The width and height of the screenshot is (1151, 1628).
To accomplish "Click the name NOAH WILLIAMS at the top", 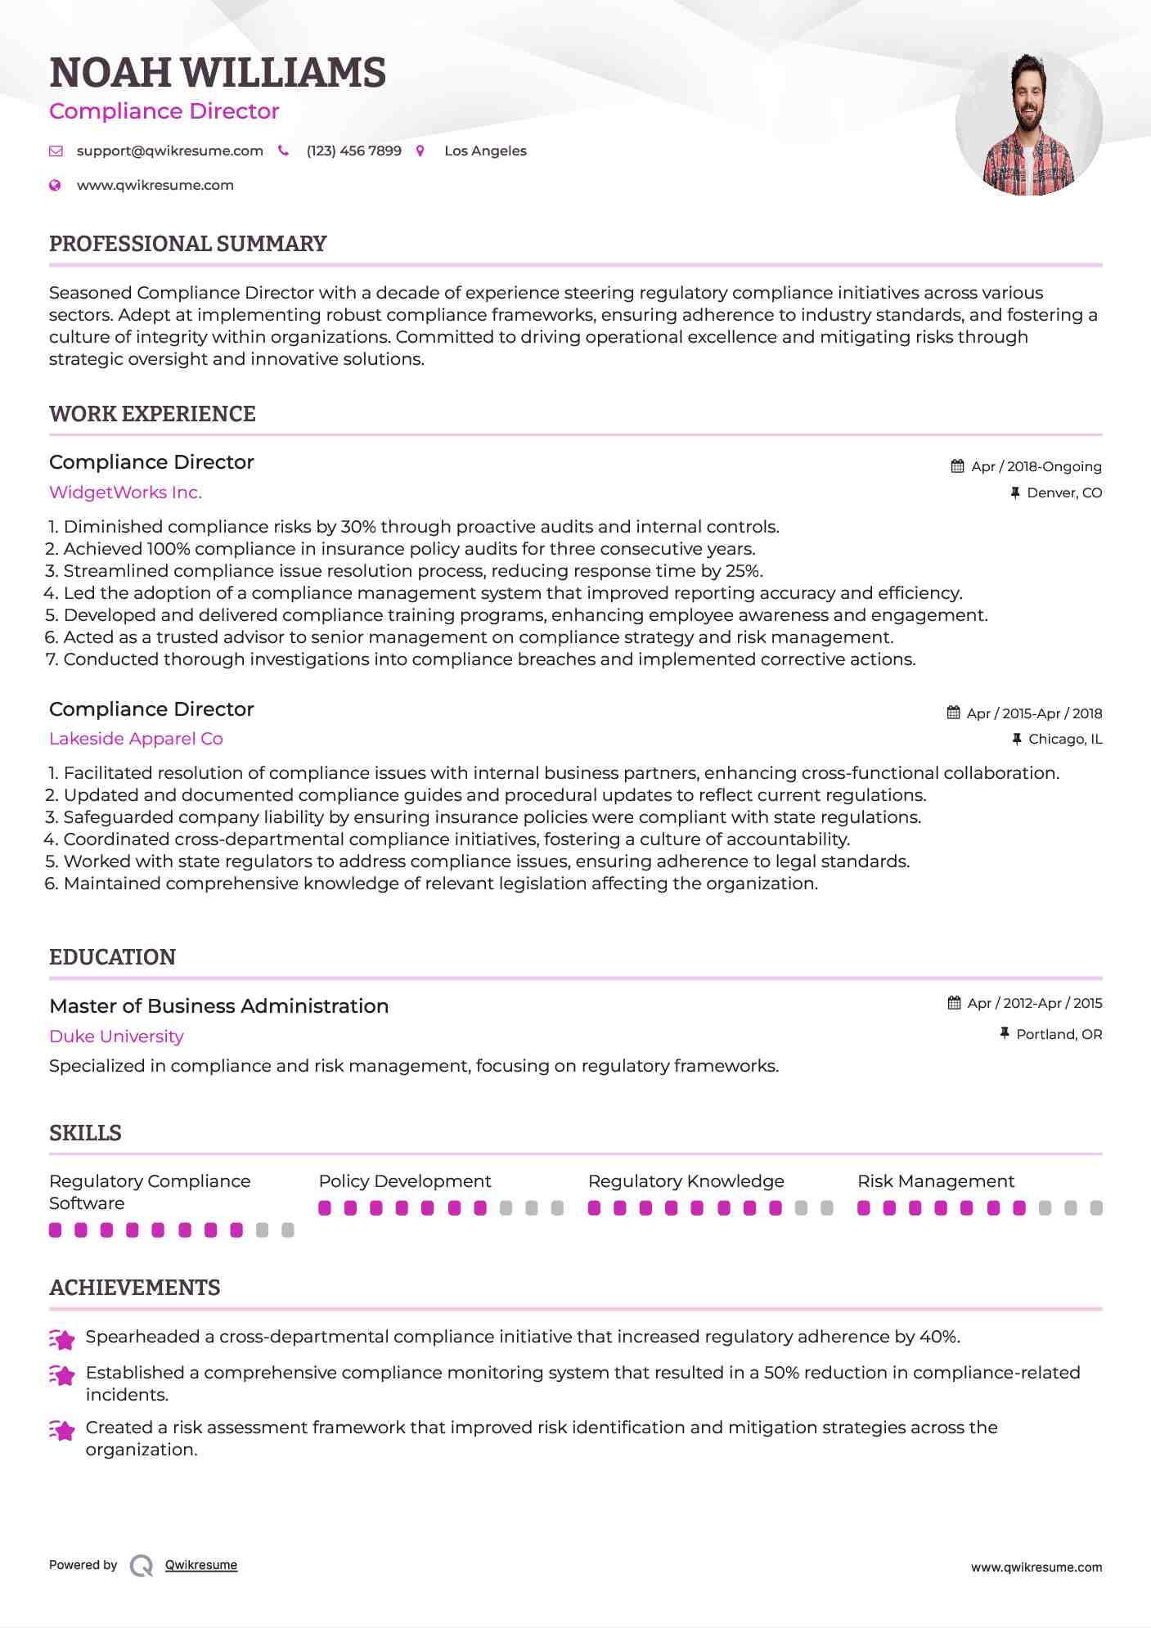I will click(218, 73).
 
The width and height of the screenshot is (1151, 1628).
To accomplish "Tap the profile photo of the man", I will click(1028, 124).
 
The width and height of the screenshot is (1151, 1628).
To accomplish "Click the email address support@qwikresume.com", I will click(169, 151).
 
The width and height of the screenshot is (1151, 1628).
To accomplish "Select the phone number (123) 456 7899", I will click(353, 151).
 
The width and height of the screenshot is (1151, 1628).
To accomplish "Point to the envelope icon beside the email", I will click(56, 151).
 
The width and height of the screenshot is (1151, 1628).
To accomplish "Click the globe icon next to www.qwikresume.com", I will click(55, 186).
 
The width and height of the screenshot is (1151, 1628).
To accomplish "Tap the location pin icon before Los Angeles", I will click(420, 151).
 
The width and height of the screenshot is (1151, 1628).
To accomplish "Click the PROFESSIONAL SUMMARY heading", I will click(187, 244).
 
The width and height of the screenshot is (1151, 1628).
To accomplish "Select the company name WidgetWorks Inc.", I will click(125, 492).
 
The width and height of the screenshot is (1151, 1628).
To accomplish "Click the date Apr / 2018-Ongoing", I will click(1036, 466).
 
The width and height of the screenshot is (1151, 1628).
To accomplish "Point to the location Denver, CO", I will click(1063, 492).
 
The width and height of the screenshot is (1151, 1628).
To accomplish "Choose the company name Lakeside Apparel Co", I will click(136, 739).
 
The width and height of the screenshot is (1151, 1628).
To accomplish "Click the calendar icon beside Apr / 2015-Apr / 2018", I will click(953, 713).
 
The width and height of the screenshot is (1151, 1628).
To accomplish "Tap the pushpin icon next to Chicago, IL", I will click(1016, 739).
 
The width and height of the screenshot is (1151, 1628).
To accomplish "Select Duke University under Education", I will click(116, 1037).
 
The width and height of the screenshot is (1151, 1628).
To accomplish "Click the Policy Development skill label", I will click(404, 1181).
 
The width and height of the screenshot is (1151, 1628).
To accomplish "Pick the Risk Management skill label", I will click(935, 1181).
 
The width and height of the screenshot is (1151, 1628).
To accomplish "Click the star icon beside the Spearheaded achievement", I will click(62, 1338).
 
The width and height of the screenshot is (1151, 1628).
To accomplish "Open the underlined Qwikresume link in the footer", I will click(201, 1565).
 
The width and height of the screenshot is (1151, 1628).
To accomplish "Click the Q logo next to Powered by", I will click(142, 1566).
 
